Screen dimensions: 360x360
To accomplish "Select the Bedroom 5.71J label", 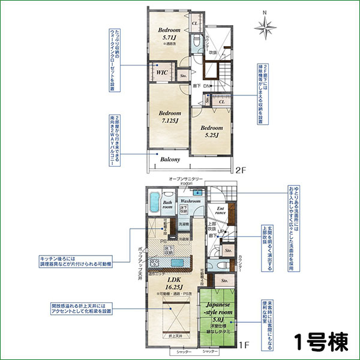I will tap(169, 34).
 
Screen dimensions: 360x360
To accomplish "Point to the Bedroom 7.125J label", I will tap(170, 117).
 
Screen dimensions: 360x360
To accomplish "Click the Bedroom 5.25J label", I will tap(212, 131).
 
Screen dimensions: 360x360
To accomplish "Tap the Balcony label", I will tap(170, 160).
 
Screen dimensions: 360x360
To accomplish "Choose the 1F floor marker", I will tap(244, 344).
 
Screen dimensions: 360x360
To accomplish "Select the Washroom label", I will tap(190, 201).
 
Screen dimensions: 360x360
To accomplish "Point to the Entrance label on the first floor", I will tap(220, 211).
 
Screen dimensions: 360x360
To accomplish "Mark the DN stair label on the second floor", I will tap(206, 86).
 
